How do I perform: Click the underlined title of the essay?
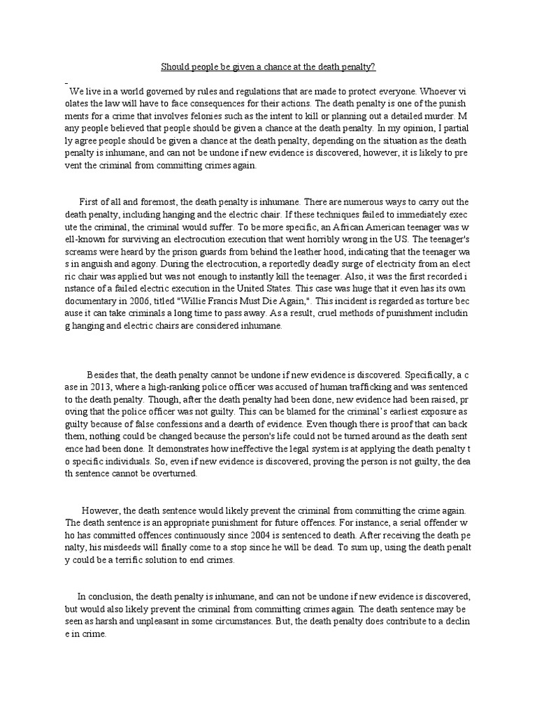[268, 67]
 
